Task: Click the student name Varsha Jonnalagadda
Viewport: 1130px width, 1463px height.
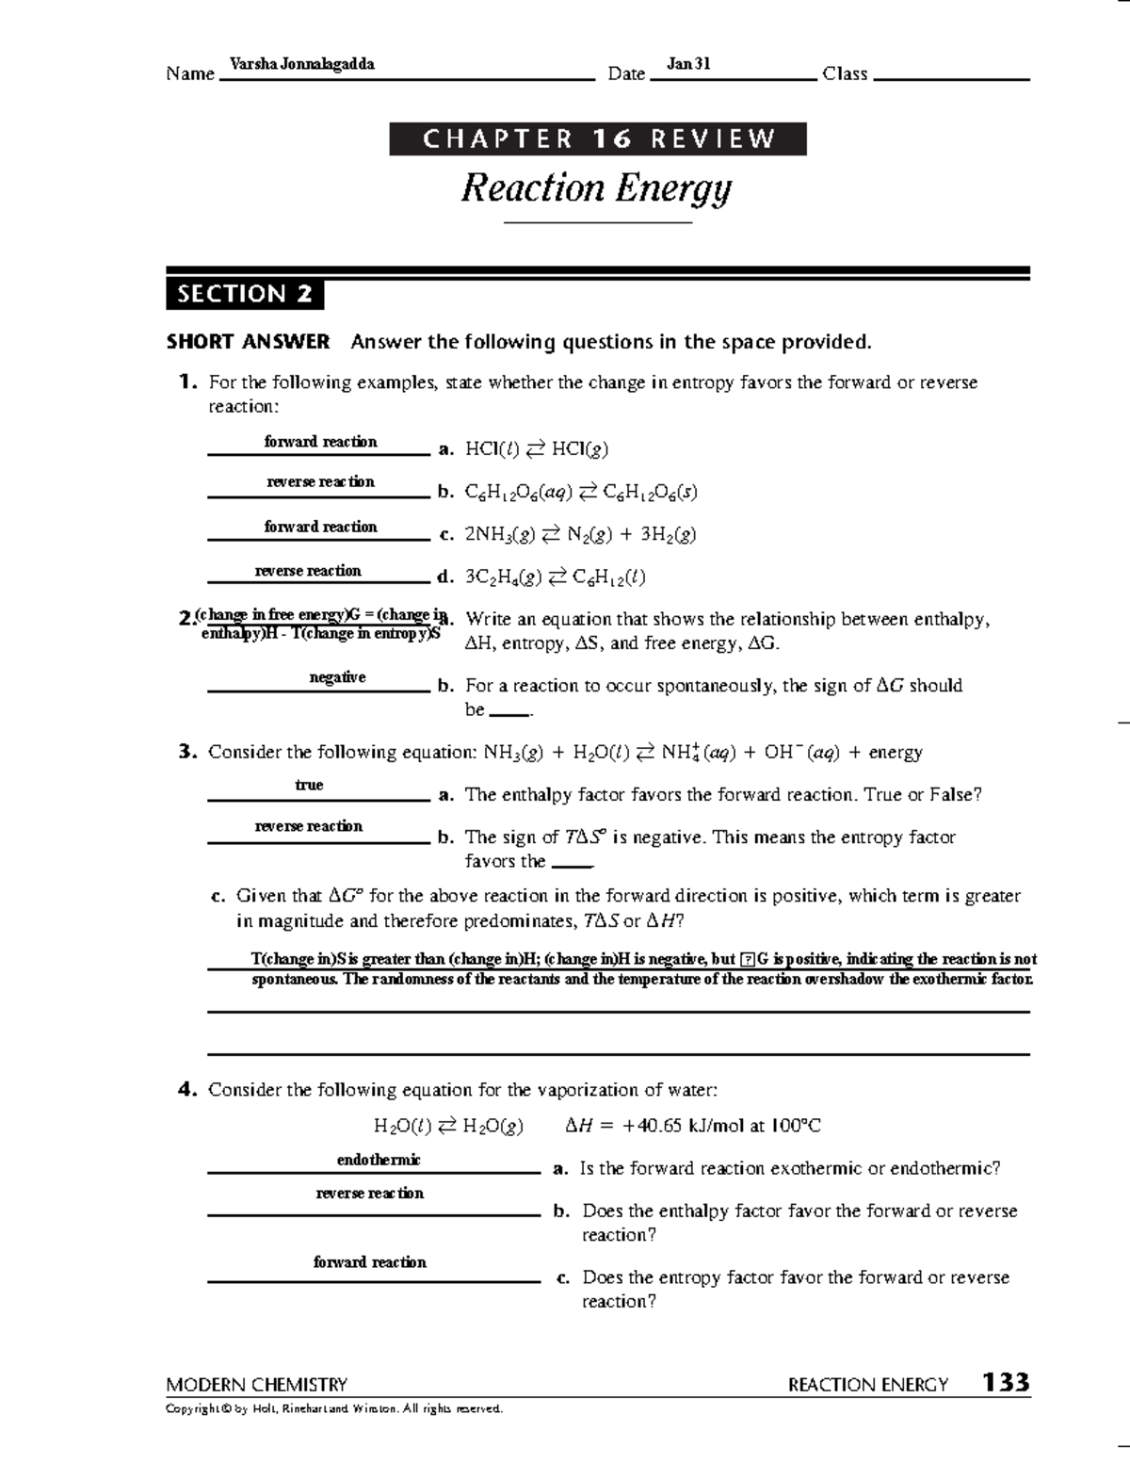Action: click(x=301, y=64)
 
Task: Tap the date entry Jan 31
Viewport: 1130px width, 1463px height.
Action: click(x=687, y=64)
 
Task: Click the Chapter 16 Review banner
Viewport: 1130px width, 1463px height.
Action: click(x=598, y=139)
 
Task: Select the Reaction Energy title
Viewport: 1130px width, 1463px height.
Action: click(x=596, y=188)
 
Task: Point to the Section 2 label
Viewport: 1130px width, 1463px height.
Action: click(x=245, y=294)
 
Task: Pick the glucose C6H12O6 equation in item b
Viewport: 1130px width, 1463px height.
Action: click(x=581, y=492)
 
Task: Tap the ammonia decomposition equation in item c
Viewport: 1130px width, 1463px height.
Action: click(x=580, y=534)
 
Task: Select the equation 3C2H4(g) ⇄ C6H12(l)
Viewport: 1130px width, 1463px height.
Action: click(x=556, y=577)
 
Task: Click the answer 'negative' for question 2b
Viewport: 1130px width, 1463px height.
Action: click(x=337, y=677)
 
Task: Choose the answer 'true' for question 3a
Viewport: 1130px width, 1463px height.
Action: click(x=309, y=785)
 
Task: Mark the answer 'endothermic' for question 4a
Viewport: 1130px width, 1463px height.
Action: click(x=379, y=1160)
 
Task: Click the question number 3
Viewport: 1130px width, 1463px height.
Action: click(x=186, y=752)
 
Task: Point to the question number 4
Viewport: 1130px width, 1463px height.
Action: click(x=186, y=1090)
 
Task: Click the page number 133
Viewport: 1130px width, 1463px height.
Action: click(x=1006, y=1383)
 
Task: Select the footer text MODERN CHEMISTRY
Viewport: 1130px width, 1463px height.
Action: click(x=256, y=1385)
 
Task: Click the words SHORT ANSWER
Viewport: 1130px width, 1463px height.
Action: click(x=248, y=342)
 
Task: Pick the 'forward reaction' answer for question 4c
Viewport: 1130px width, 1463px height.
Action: click(x=369, y=1262)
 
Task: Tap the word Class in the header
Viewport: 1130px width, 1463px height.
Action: click(x=845, y=73)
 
